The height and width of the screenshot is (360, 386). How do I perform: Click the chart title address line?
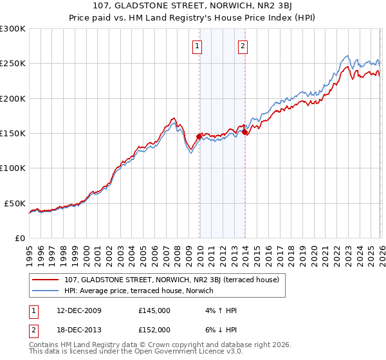[x=193, y=6]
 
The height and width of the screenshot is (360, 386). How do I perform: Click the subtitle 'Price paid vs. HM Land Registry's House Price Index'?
[x=193, y=17]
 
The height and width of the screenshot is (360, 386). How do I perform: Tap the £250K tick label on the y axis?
[x=13, y=64]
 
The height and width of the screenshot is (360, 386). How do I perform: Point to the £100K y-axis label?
[x=13, y=168]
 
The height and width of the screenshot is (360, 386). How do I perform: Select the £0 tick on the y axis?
[x=19, y=238]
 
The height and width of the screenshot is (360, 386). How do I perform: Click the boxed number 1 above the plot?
[x=197, y=46]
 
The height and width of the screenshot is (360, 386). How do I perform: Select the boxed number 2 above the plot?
[x=243, y=46]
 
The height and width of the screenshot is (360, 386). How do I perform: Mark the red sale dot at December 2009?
[x=199, y=137]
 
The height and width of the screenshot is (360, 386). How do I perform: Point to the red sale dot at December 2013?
[x=244, y=132]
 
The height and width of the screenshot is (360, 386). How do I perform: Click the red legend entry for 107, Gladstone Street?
[x=171, y=280]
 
